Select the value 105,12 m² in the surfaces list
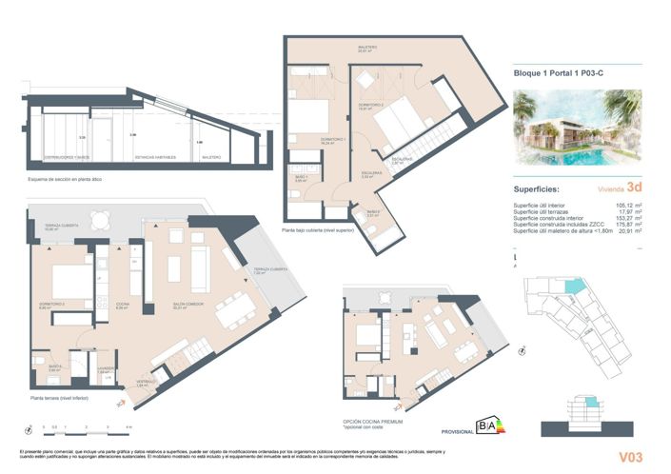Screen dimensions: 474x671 pos(626,205)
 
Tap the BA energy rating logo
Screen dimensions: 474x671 pos(490,425)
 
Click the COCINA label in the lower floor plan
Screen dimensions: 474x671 pos(123,305)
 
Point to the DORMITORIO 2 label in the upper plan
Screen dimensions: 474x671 pos(370,106)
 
